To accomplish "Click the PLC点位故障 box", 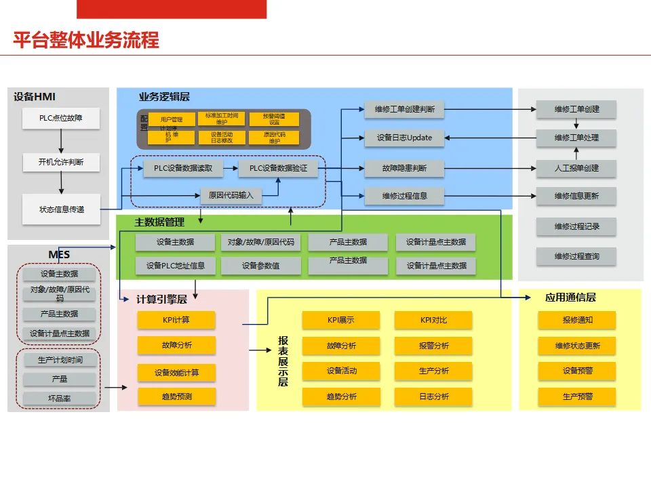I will coord(61,119).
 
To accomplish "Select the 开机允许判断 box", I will coord(61,163).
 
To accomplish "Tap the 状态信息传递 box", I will coord(61,209).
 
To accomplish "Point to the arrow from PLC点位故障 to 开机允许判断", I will coord(61,140).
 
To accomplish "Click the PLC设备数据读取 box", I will coord(183,168).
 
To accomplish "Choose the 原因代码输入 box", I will coord(231,195).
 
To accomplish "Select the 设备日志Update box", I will coord(404,138).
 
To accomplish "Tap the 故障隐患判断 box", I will coord(404,168).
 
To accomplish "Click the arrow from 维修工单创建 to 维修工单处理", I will coord(576,124).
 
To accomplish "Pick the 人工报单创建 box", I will coord(576,168).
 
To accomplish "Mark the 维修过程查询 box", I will coord(576,256).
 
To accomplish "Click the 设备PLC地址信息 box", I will coord(176,266).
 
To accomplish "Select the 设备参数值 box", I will coord(261,266).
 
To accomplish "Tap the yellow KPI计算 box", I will coord(176,320).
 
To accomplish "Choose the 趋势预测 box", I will coord(176,396).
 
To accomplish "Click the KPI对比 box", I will coord(434,320).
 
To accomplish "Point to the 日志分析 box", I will coord(434,396).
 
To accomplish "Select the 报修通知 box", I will coord(577,320).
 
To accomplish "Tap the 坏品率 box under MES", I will coord(59,399).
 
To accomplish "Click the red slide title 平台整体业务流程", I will coord(86,40).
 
